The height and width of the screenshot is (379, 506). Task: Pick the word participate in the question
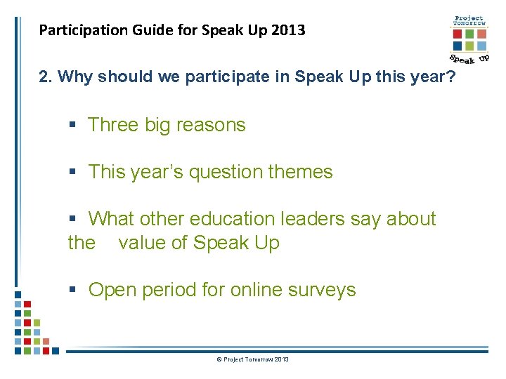pyautogui.click(x=226, y=77)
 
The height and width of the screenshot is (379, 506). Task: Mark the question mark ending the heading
pyautogui.click(x=451, y=77)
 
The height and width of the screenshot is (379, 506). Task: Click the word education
pyautogui.click(x=223, y=219)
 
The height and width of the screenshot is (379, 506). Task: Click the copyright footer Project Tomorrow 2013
pyautogui.click(x=253, y=359)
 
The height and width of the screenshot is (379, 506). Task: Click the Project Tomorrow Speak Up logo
pyautogui.click(x=469, y=39)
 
